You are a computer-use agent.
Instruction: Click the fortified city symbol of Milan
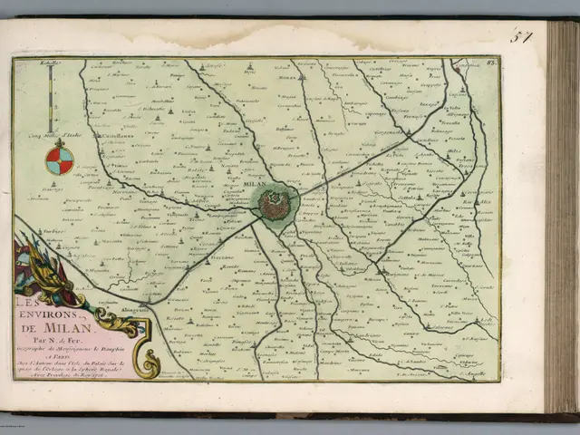275,204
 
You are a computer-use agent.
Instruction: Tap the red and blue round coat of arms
60,159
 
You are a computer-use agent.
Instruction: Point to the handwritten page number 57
521,37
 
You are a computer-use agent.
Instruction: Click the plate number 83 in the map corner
492,63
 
